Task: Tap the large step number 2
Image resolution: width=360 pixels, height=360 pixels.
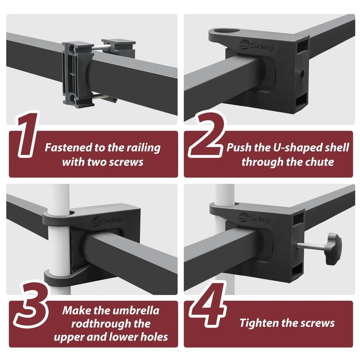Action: pyautogui.click(x=206, y=135)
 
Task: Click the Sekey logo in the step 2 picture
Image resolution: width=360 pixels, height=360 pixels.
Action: pyautogui.click(x=256, y=45)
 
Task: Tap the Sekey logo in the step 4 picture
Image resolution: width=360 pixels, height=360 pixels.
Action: pyautogui.click(x=255, y=218)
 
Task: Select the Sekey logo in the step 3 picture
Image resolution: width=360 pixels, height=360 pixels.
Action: pyautogui.click(x=108, y=221)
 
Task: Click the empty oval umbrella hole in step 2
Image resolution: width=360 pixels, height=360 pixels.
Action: pyautogui.click(x=227, y=31)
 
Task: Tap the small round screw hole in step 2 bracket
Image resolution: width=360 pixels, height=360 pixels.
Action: pyautogui.click(x=302, y=73)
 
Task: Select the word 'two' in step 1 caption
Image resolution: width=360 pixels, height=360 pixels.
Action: pyautogui.click(x=99, y=162)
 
